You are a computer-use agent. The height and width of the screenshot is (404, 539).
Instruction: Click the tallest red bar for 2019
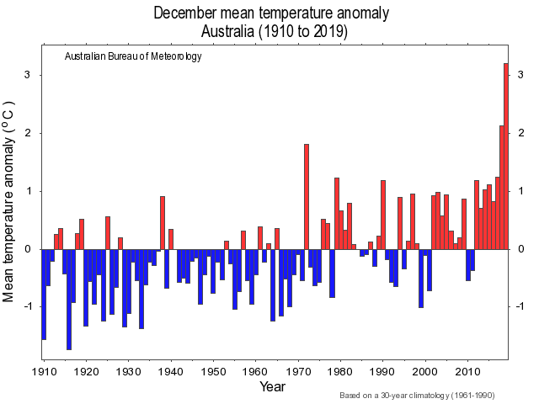506,157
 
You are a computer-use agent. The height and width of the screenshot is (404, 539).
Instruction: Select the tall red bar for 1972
306,197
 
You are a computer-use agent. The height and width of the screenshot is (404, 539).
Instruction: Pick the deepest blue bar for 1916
69,299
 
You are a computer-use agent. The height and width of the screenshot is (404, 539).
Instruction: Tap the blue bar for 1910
44,294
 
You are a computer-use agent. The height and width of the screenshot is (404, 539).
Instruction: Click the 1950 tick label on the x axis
213,371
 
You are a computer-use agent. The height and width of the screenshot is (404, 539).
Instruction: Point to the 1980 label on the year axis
340,371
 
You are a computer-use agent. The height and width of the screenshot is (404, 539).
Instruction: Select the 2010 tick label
467,371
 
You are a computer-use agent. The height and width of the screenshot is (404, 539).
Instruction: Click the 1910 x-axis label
44,371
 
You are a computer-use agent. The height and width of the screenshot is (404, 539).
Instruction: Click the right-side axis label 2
521,134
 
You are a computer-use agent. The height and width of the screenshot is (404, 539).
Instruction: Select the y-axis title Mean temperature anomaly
10,202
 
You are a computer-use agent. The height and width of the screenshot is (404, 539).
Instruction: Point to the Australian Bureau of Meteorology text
133,57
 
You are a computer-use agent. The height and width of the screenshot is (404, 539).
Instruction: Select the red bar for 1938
163,222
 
